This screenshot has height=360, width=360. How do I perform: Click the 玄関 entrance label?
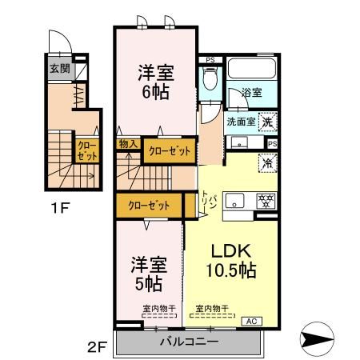tap(58, 69)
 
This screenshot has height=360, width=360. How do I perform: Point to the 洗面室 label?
tap(240, 122)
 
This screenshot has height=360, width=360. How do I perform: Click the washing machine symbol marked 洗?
tap(270, 123)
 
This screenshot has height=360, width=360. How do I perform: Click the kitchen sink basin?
tap(234, 200)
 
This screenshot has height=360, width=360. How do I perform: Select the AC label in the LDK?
tap(250, 322)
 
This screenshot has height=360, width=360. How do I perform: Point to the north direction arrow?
tap(323, 339)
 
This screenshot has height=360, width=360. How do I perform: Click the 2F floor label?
tap(97, 348)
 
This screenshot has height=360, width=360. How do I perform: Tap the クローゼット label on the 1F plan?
tap(86, 151)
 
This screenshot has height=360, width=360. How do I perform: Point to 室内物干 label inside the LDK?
tap(211, 306)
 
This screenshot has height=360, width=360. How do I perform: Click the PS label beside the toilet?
tap(210, 59)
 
